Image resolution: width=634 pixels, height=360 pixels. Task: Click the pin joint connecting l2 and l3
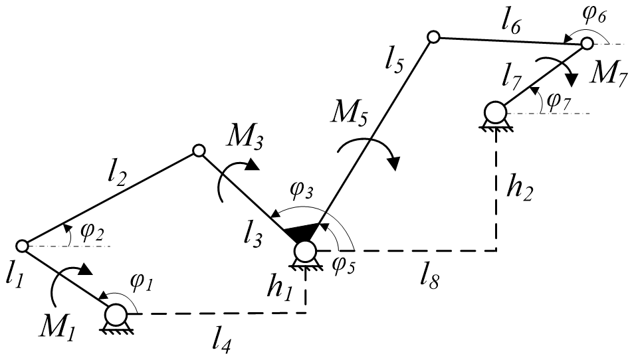[197, 151]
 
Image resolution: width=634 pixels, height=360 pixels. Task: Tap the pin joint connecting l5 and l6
[433, 38]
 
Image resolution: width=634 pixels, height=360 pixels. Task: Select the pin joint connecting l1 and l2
[21, 246]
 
